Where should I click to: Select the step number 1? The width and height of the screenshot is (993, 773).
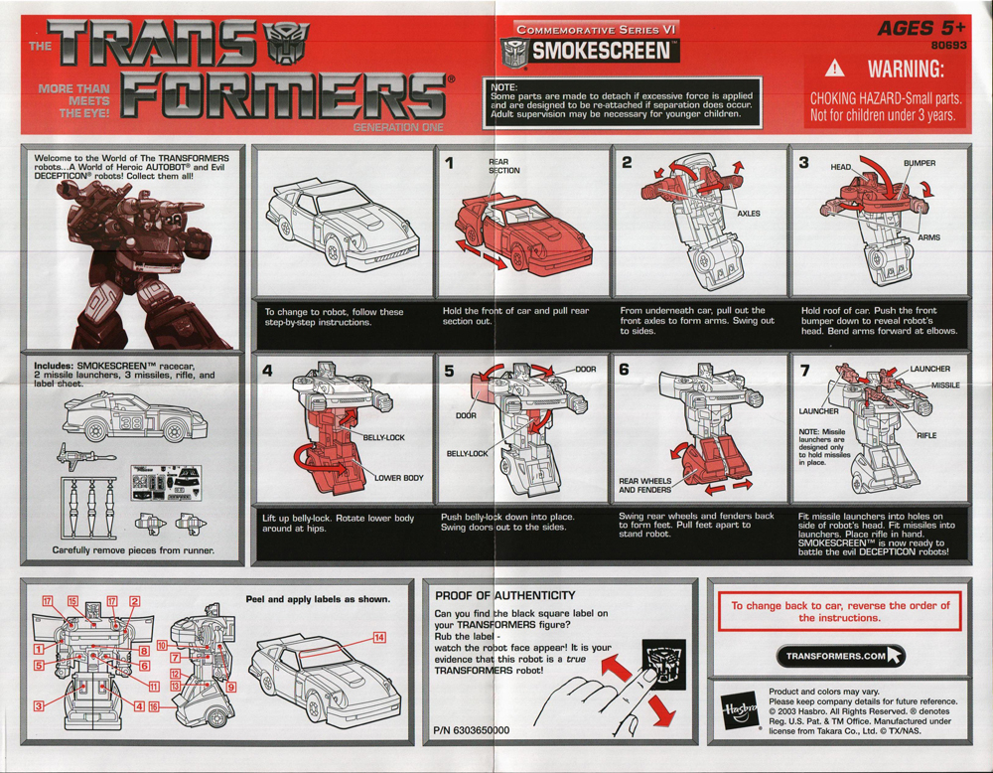pyautogui.click(x=450, y=164)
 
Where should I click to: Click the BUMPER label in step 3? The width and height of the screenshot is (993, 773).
pyautogui.click(x=919, y=163)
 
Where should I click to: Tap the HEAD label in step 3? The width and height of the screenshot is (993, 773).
pyautogui.click(x=841, y=168)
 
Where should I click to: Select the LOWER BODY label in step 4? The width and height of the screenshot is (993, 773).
pyautogui.click(x=398, y=478)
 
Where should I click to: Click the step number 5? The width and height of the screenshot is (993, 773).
pyautogui.click(x=450, y=372)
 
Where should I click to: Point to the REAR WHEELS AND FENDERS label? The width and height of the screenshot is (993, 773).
pyautogui.click(x=644, y=485)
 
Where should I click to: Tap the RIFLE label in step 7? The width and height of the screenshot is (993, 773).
pyautogui.click(x=925, y=435)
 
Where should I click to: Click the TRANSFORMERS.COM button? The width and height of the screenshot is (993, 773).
pyautogui.click(x=840, y=656)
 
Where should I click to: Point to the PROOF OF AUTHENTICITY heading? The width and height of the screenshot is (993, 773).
pyautogui.click(x=504, y=595)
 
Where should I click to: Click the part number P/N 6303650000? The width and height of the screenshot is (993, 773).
pyautogui.click(x=473, y=729)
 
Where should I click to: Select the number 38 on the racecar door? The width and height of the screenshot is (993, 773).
pyautogui.click(x=130, y=419)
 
